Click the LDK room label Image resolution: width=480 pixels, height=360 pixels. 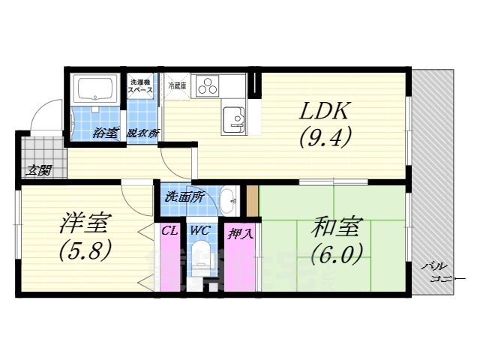pos(323,113)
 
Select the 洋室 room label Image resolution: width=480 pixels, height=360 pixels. pos(85,223)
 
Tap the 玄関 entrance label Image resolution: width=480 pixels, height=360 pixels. pos(39,170)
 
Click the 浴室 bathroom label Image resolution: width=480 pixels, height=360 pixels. pos(106,133)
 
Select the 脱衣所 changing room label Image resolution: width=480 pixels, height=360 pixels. pos(142,133)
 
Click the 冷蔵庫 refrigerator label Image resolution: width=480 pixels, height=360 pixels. pos(177,84)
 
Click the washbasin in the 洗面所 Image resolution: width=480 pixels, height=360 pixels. pos(229,199)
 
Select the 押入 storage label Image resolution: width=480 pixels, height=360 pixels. pos(240,232)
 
